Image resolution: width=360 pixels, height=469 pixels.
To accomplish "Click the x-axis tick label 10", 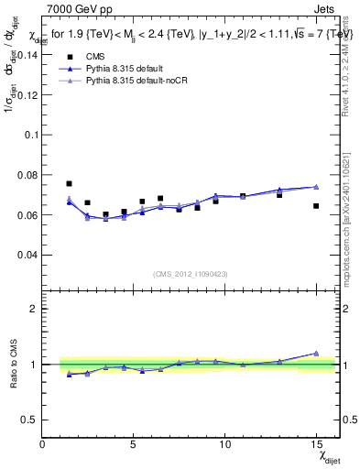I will tap(225, 444).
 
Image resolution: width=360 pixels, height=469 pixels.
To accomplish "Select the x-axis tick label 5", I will tap(134, 444).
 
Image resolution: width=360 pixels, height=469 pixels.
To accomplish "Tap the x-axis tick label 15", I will tap(316, 444).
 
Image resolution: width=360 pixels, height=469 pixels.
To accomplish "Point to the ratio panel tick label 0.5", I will tap(28, 420).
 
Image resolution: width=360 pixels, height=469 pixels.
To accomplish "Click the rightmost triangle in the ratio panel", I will tap(316, 353).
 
